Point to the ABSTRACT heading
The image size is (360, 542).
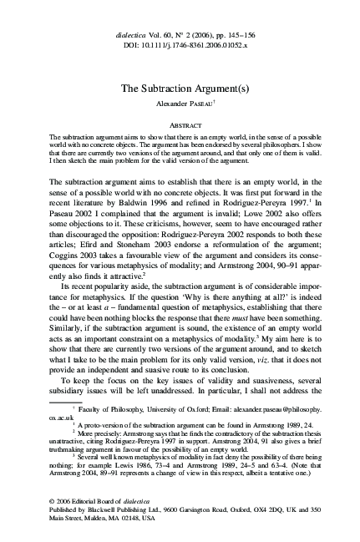(x=180, y=124)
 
